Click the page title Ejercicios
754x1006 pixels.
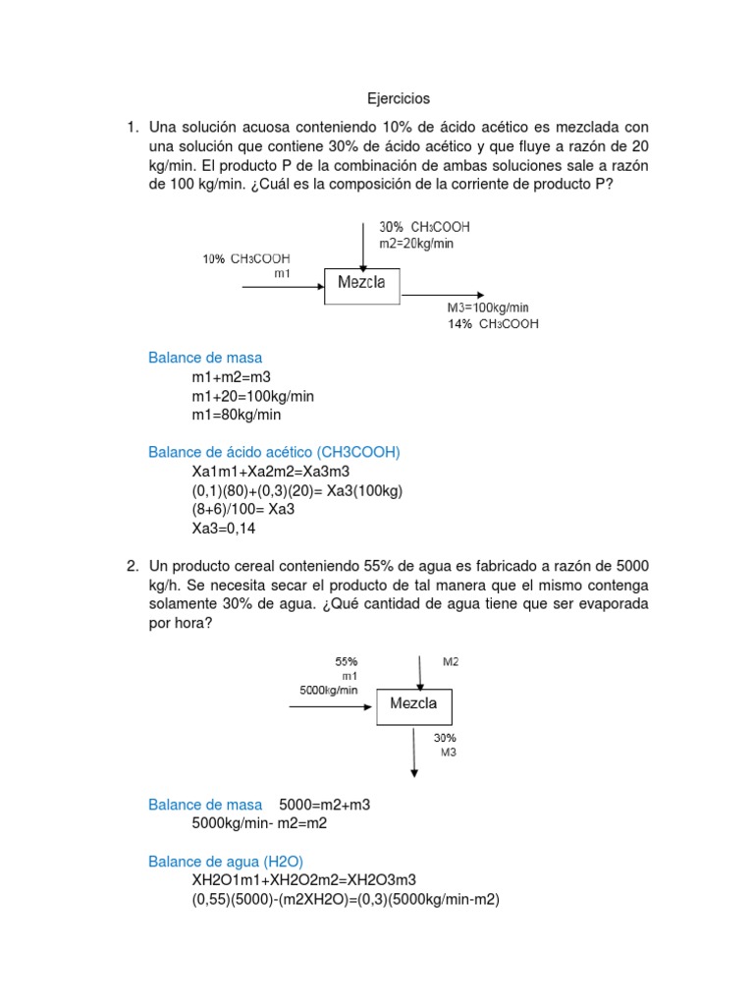click(x=399, y=99)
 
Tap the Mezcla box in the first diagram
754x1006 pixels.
click(x=362, y=285)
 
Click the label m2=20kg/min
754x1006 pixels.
click(x=417, y=243)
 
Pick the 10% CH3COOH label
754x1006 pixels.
click(x=246, y=259)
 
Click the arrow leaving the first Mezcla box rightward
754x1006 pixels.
click(x=442, y=294)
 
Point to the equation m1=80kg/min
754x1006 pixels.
click(x=237, y=415)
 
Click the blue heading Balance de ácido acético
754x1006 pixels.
click(x=274, y=452)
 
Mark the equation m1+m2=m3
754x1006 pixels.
click(x=232, y=377)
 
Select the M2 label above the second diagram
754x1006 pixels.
click(x=451, y=662)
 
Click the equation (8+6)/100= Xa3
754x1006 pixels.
click(x=243, y=509)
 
